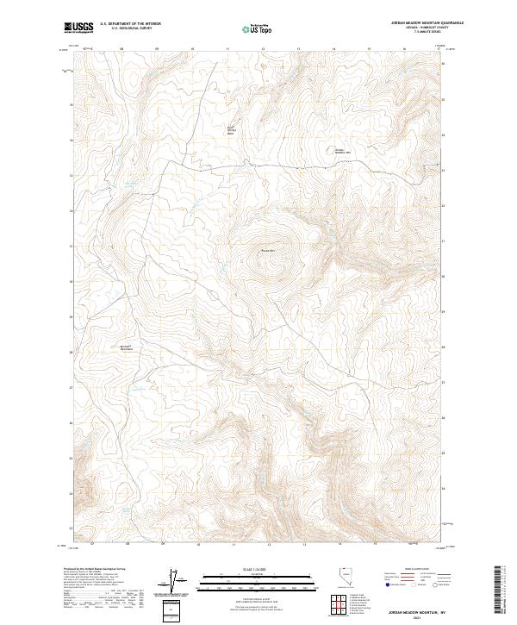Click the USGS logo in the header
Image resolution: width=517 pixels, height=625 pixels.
(78, 28)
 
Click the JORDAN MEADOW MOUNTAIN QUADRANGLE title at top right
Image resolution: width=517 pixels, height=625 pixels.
(407, 23)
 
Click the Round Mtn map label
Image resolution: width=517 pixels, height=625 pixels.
(266, 251)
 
